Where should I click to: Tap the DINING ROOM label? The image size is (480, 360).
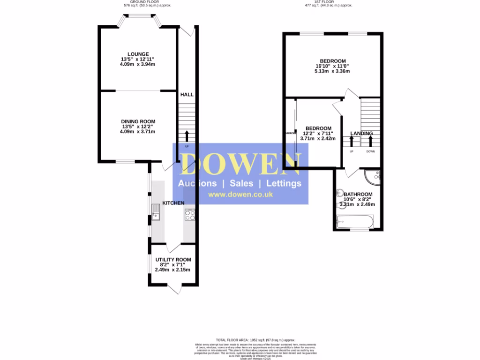coord(137,121)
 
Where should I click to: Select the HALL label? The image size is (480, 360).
coord(187,95)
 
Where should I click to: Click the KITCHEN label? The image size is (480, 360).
coord(173,202)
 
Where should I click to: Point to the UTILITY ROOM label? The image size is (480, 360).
coord(173,260)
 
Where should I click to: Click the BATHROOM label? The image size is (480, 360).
coord(358,195)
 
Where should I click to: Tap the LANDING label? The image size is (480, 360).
coord(362,134)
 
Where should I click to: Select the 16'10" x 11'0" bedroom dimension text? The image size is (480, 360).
coord(333,66)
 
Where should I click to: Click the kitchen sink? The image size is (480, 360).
coord(156,212)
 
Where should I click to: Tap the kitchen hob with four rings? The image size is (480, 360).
coord(190,215)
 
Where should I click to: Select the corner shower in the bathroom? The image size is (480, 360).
coord(373,177)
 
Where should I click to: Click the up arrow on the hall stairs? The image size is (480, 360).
coord(187,136)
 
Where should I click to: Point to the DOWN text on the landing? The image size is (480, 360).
coord(370,151)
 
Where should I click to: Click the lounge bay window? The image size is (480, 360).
coord(138,17)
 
